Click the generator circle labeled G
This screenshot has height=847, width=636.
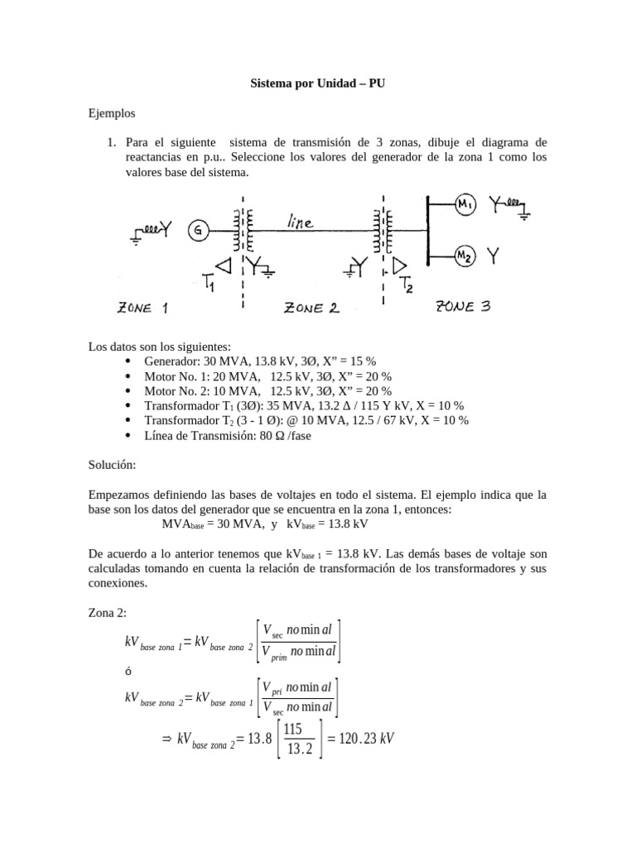pos(198,231)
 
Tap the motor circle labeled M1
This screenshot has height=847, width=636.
pos(465,205)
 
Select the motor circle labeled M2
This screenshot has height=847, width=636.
pos(465,257)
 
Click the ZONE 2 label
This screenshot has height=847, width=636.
pos(311,309)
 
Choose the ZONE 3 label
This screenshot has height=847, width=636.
pos(463,307)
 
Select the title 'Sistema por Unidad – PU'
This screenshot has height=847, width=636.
pos(317,84)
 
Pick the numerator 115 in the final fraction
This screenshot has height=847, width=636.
pos(292,729)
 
